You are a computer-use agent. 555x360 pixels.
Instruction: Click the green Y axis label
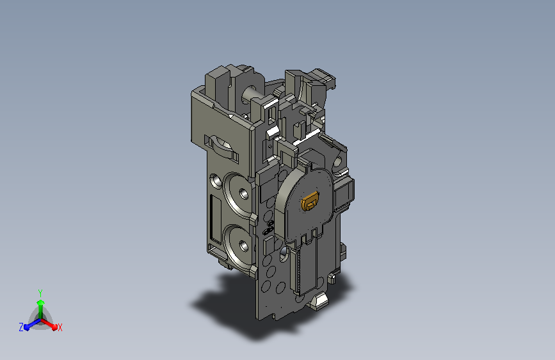[x=40, y=293]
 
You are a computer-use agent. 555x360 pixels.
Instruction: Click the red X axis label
[x=60, y=327]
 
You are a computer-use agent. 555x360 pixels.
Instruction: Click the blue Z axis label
[x=21, y=327]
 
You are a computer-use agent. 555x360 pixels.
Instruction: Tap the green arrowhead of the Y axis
[x=41, y=303]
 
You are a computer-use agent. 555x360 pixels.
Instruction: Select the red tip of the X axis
[x=54, y=327]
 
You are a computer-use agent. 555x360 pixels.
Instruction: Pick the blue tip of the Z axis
[x=27, y=327]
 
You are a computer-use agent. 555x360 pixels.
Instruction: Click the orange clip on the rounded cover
[x=310, y=201]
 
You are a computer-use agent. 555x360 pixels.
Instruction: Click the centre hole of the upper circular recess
[x=243, y=193]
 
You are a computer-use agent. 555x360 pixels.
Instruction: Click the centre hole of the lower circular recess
[x=243, y=245]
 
